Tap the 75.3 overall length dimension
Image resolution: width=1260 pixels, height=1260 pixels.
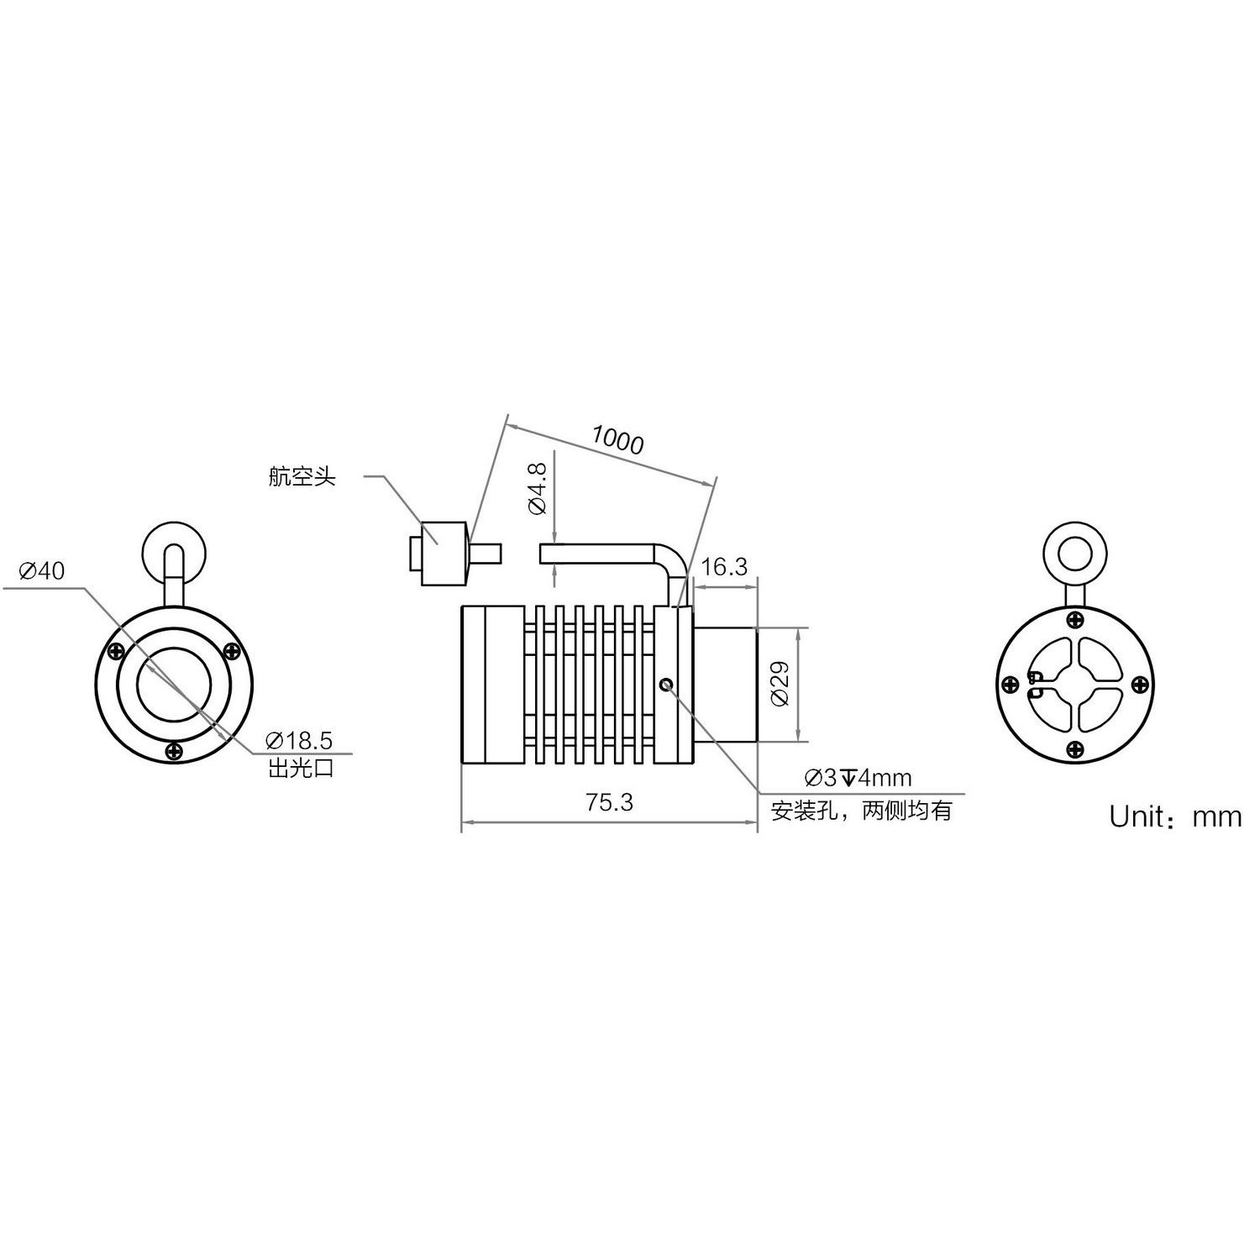point(610,802)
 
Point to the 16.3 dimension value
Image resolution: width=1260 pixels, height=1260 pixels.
point(724,567)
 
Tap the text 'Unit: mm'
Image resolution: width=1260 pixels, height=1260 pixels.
point(1175,816)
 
